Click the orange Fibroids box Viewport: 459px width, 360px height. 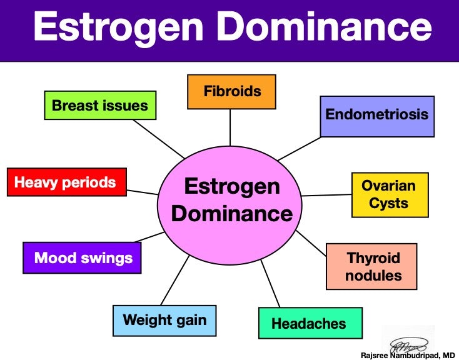click(x=233, y=92)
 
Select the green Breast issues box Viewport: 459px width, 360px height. click(x=100, y=105)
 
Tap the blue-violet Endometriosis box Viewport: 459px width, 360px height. click(x=377, y=116)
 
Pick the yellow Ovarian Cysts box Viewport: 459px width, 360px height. click(x=389, y=194)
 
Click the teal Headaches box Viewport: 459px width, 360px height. click(x=310, y=323)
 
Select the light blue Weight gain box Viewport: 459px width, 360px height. click(x=164, y=321)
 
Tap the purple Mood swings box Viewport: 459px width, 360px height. click(x=83, y=257)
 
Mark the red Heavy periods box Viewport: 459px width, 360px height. click(x=66, y=182)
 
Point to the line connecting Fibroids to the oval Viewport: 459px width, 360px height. click(x=230, y=128)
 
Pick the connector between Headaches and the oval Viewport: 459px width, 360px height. click(x=270, y=284)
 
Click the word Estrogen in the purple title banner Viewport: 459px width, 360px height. click(x=126, y=29)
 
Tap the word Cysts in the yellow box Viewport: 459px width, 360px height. click(x=388, y=203)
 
